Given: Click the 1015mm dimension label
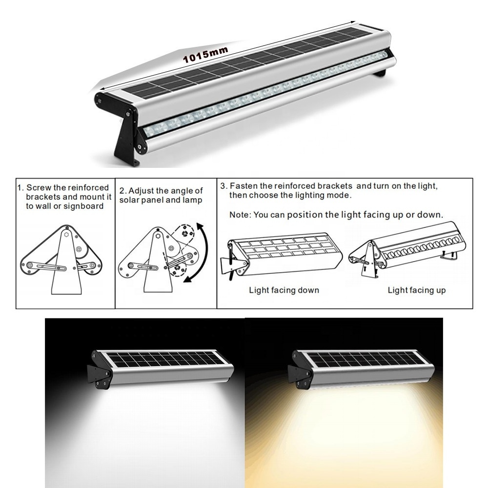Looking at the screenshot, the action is pyautogui.click(x=205, y=55).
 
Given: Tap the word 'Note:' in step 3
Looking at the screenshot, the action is pyautogui.click(x=240, y=215).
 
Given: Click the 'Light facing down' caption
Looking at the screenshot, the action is pyautogui.click(x=284, y=290).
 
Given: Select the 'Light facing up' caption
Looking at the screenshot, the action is pyautogui.click(x=416, y=290).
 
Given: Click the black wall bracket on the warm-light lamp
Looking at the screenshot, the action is pyautogui.click(x=299, y=373).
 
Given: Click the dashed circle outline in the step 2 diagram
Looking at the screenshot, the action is pyautogui.click(x=184, y=233).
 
